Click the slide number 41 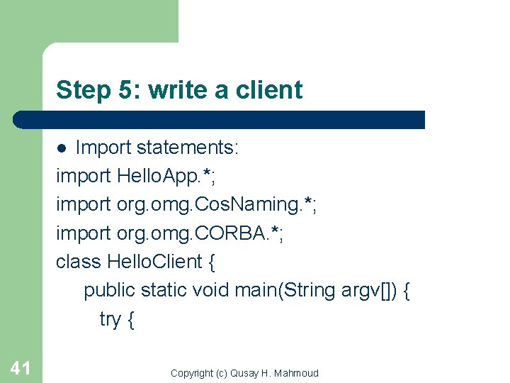(20, 368)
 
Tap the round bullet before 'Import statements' (62, 148)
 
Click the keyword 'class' (79, 261)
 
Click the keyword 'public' (110, 290)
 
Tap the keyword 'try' (110, 319)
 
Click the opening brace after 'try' (130, 319)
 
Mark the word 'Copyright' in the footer (192, 373)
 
